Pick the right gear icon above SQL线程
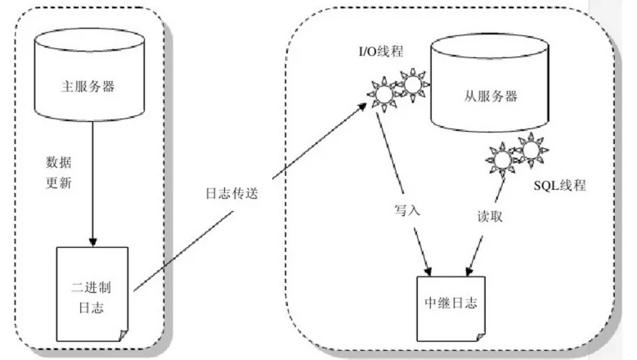pyautogui.click(x=531, y=151)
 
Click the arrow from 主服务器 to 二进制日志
pyautogui.click(x=92, y=205)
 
